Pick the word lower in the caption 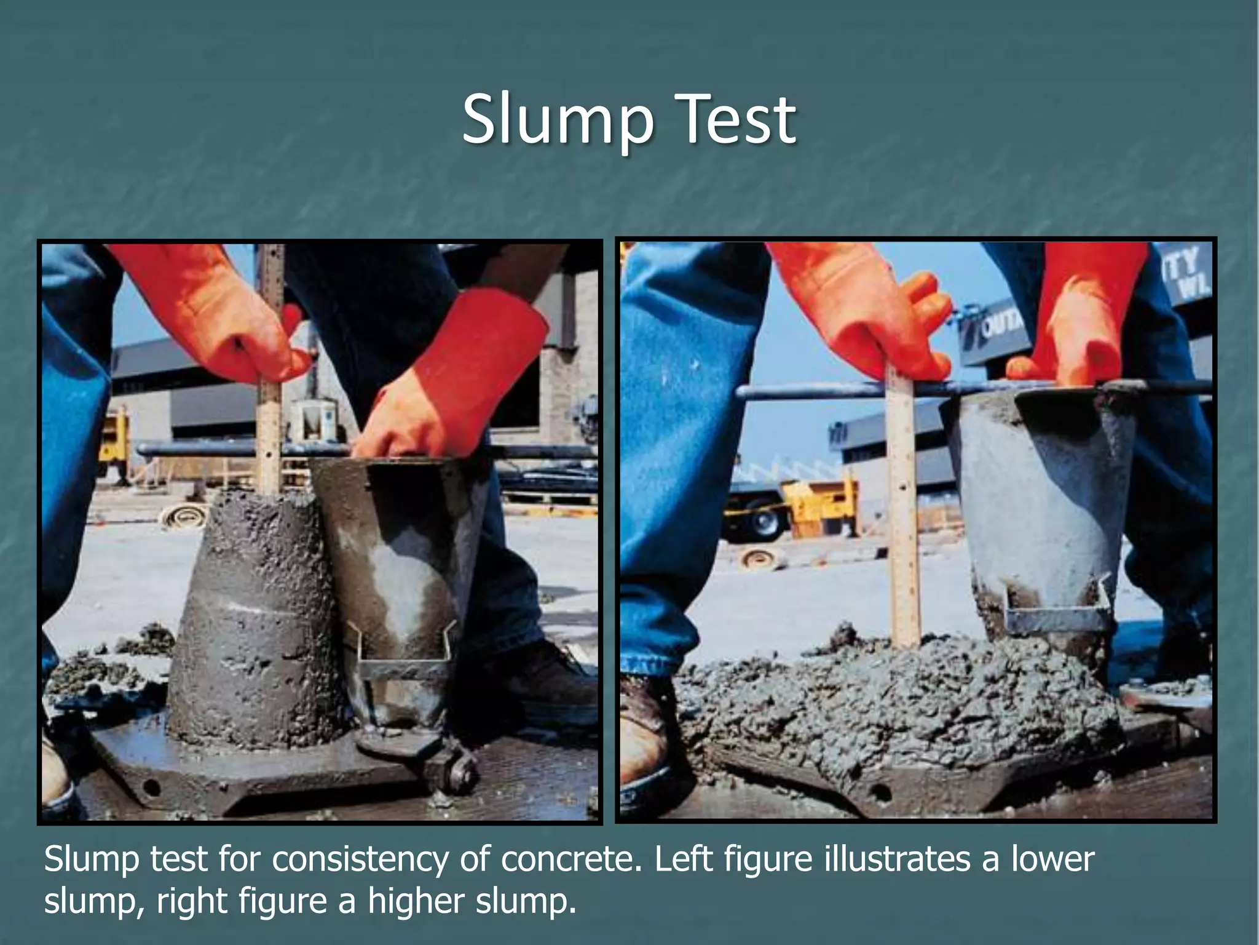click(x=1052, y=859)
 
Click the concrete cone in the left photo click(x=258, y=615)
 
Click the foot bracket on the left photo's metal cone click(x=403, y=652)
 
